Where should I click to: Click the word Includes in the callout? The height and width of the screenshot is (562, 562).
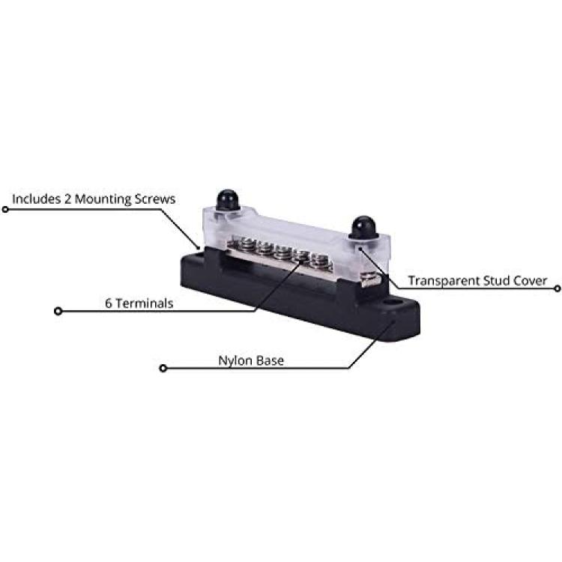click(x=37, y=199)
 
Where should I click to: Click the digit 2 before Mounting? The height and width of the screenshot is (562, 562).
click(x=67, y=199)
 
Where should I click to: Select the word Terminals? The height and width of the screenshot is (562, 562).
click(x=144, y=303)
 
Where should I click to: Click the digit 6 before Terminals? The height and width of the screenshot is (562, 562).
click(x=108, y=303)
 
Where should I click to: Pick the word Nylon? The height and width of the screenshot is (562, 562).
click(x=235, y=361)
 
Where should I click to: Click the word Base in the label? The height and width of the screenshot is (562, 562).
click(x=269, y=360)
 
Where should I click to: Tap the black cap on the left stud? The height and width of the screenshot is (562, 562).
click(x=228, y=200)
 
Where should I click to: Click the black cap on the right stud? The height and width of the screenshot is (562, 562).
click(x=363, y=227)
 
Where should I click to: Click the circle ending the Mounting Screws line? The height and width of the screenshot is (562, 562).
click(x=5, y=209)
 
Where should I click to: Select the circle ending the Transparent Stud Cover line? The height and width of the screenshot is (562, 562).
click(x=557, y=288)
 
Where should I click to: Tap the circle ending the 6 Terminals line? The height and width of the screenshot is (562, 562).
click(x=58, y=311)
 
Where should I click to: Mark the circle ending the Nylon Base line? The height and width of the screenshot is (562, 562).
click(x=163, y=368)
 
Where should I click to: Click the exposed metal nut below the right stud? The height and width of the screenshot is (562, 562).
click(x=371, y=280)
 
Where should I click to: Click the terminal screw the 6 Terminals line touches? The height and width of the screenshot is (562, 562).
click(x=301, y=257)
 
